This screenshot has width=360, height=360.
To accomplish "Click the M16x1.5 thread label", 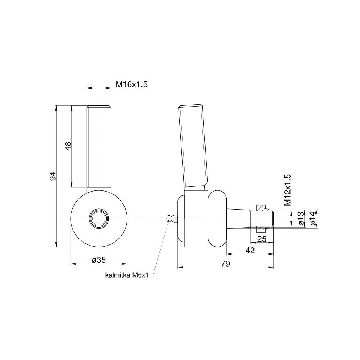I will [132, 84].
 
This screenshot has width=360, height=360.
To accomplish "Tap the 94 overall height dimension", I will [53, 176].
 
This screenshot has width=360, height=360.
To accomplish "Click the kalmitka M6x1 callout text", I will [126, 275].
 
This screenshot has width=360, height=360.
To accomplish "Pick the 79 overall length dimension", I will [225, 264].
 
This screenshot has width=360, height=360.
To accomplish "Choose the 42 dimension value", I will [250, 250].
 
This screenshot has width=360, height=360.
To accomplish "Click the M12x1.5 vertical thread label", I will [287, 190].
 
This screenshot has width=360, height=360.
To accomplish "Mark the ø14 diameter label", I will [313, 219].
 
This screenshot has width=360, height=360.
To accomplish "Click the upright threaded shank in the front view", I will [99, 146].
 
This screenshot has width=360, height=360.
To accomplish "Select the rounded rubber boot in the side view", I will [217, 218].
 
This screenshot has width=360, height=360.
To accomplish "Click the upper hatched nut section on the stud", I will [261, 208].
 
